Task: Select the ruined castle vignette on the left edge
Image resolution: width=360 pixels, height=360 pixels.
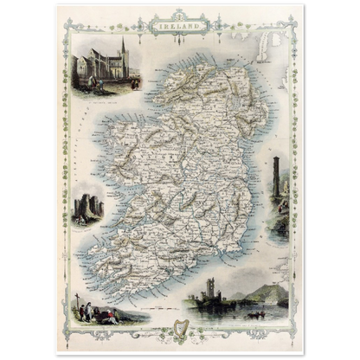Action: pos(89,208)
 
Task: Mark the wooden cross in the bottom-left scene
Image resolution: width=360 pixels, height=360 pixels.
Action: pos(80,305)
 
